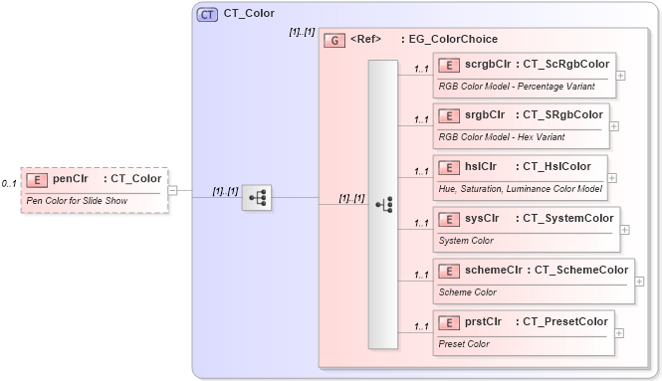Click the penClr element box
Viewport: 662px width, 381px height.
pyautogui.click(x=95, y=189)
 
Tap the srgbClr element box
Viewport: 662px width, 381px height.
pyautogui.click(x=522, y=125)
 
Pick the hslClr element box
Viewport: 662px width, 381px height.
pyautogui.click(x=521, y=176)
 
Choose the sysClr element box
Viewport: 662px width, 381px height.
pyautogui.click(x=527, y=228)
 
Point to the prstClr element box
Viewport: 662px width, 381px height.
pyautogui.click(x=524, y=332)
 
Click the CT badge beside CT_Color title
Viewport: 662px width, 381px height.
pyautogui.click(x=207, y=14)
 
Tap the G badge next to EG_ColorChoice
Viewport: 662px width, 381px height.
pyautogui.click(x=334, y=41)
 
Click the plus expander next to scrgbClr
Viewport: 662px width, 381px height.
pyautogui.click(x=621, y=75)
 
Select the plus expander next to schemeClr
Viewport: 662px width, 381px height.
pyautogui.click(x=639, y=281)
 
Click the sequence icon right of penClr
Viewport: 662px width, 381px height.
pyautogui.click(x=257, y=198)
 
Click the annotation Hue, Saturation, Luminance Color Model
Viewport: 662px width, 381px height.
pyautogui.click(x=520, y=188)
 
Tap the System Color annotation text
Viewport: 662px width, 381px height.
pyautogui.click(x=467, y=240)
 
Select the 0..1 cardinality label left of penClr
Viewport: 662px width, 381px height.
pyautogui.click(x=9, y=184)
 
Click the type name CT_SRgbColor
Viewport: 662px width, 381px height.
pyautogui.click(x=563, y=114)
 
